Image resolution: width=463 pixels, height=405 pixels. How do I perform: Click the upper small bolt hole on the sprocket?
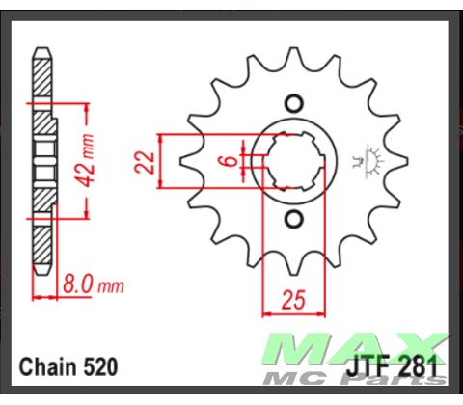pos(296,102)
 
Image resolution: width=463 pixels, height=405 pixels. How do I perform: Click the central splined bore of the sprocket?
pos(296,161)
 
